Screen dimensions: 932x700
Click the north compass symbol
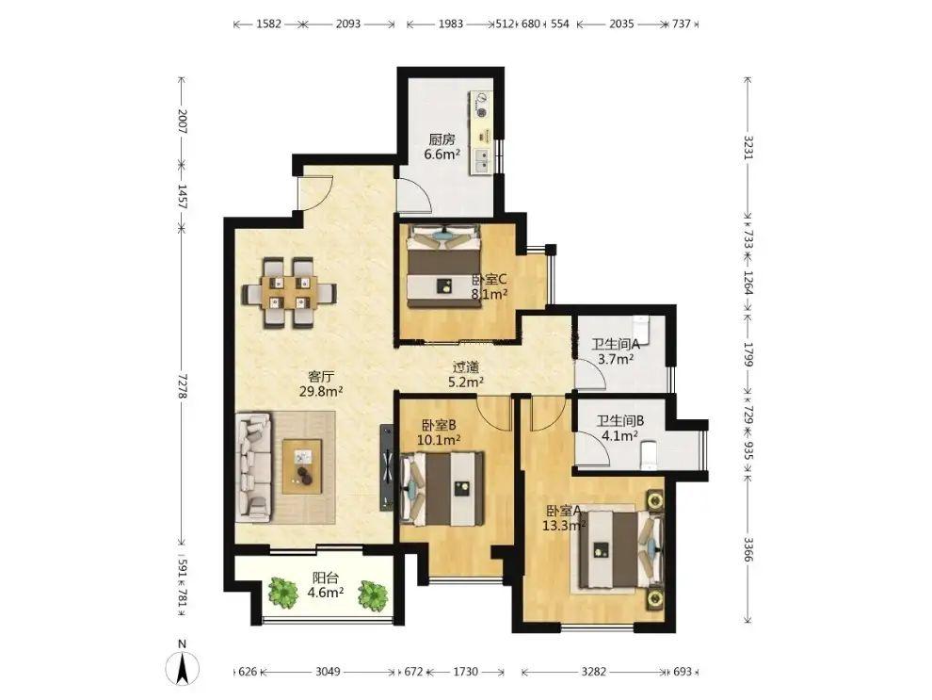pyautogui.click(x=183, y=666)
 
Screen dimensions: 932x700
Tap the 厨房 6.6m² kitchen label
pyautogui.click(x=442, y=147)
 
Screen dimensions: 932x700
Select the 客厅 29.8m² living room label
pyautogui.click(x=322, y=383)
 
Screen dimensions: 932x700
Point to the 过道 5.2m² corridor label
pyautogui.click(x=465, y=375)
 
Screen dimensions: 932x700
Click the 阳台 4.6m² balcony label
pyautogui.click(x=326, y=585)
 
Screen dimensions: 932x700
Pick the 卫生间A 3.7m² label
pyautogui.click(x=616, y=350)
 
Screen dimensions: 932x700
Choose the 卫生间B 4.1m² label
pyautogui.click(x=620, y=428)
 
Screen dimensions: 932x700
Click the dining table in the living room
pyautogui.click(x=289, y=293)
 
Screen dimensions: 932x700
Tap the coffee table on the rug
pyautogui.click(x=302, y=466)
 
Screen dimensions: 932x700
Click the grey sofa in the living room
pyautogui.click(x=254, y=468)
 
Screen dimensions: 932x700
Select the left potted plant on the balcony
pyautogui.click(x=282, y=593)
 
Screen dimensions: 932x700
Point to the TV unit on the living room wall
pyautogui.click(x=387, y=467)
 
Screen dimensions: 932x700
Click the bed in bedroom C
pyautogui.click(x=443, y=266)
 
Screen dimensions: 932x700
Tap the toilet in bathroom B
pyautogui.click(x=648, y=454)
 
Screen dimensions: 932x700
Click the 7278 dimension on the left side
pyautogui.click(x=183, y=386)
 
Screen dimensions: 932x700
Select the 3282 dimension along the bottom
pyautogui.click(x=594, y=672)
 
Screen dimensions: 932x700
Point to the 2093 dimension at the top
pyautogui.click(x=348, y=24)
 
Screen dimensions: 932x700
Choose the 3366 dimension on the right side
pyautogui.click(x=748, y=549)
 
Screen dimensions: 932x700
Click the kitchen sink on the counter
pyautogui.click(x=483, y=160)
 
